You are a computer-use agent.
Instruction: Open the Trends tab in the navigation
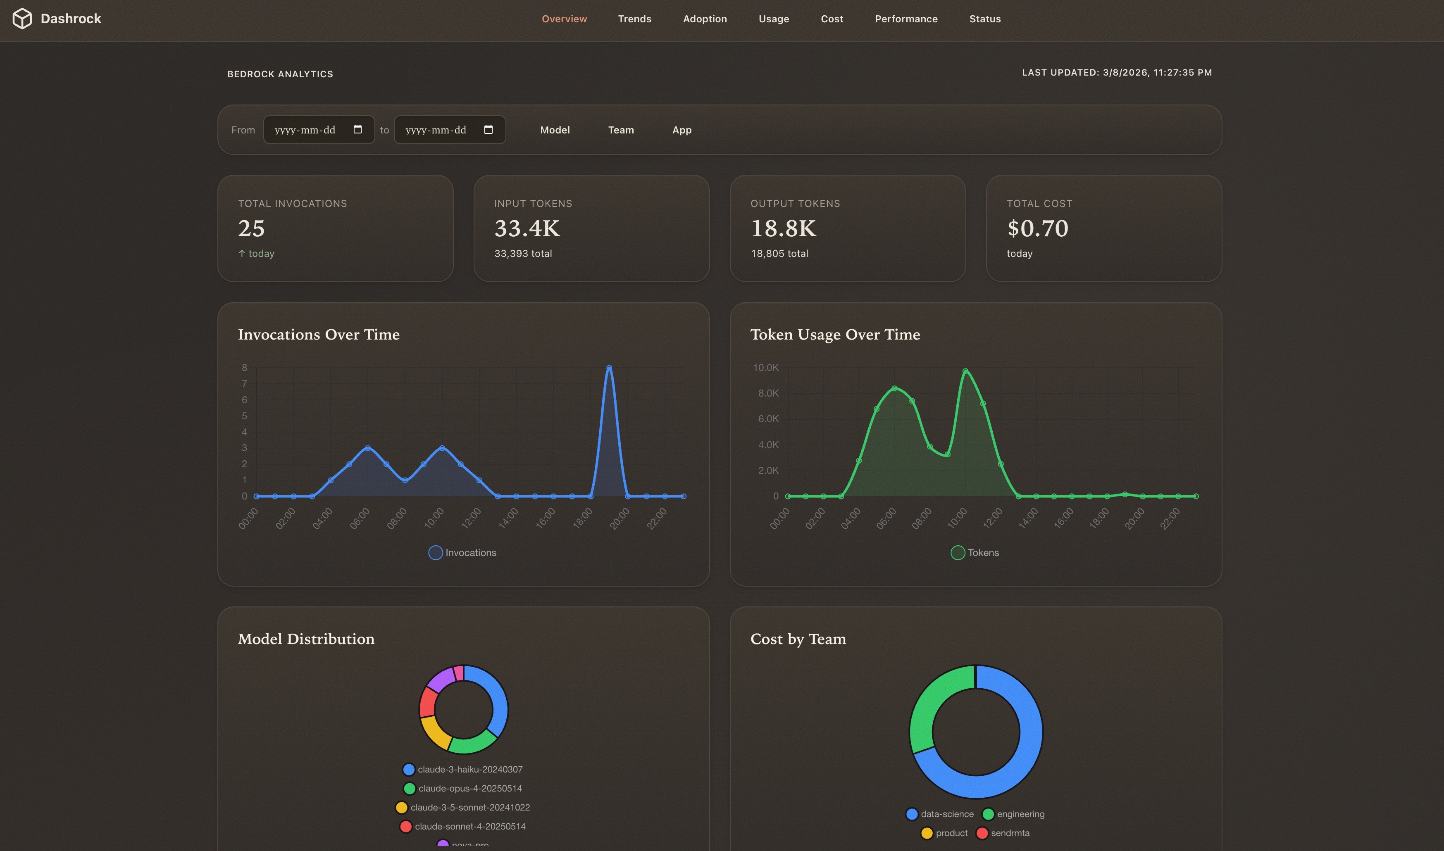[x=634, y=19]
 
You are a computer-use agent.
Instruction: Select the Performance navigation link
[x=906, y=19]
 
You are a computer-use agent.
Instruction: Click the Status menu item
[x=984, y=19]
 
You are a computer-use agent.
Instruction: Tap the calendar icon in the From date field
[x=357, y=130]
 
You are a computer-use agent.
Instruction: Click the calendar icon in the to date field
[x=488, y=130]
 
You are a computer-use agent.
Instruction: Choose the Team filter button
[x=621, y=130]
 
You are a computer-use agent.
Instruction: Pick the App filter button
[x=681, y=130]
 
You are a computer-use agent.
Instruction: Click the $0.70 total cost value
[x=1037, y=228]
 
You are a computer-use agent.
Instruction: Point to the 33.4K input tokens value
[x=527, y=228]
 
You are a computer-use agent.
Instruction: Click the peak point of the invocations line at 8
[x=609, y=368]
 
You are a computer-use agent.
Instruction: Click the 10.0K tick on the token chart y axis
[x=765, y=368]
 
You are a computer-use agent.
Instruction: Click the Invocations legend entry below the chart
[x=462, y=553]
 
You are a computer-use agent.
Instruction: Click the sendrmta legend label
[x=1010, y=833]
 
